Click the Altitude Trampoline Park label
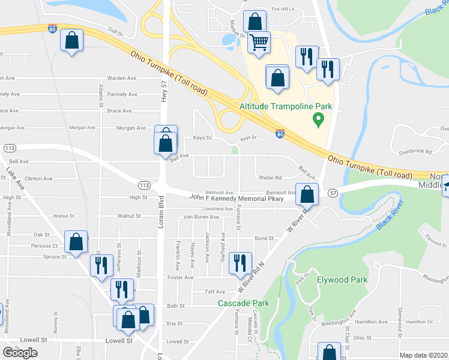(286, 106)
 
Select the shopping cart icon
(259, 43)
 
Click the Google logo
(20, 352)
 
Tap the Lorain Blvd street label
(161, 213)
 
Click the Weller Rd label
(270, 178)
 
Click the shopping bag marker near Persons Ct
(76, 242)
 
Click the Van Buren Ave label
(201, 217)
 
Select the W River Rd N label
(253, 277)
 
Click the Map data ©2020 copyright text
(424, 355)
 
